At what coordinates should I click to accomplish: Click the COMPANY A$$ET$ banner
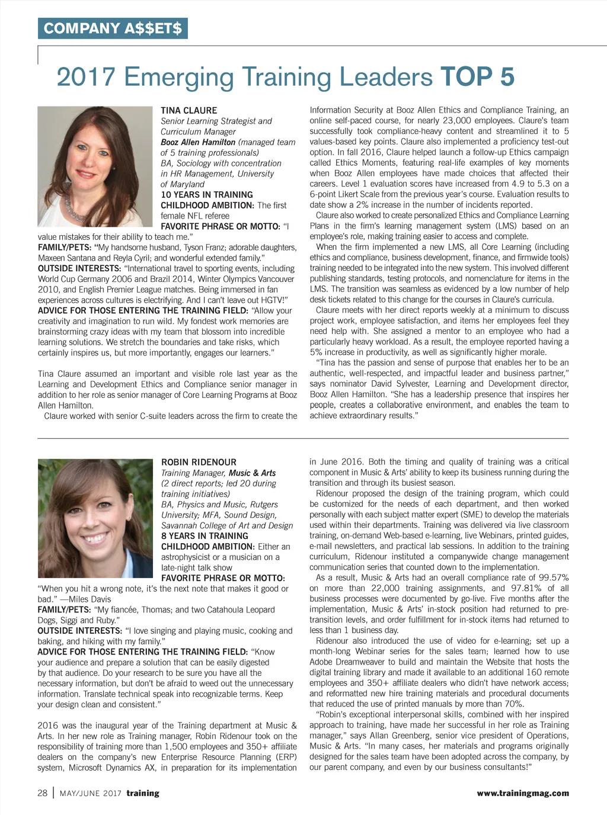[113, 28]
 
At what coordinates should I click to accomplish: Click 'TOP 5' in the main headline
[477, 78]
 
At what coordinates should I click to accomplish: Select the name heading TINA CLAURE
[189, 111]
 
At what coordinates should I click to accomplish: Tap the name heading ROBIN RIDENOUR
[199, 462]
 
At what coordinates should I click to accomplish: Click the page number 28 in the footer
[43, 793]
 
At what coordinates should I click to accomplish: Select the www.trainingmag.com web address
[522, 793]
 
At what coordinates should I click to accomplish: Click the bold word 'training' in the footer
[143, 793]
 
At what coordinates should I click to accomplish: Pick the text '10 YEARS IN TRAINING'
[207, 195]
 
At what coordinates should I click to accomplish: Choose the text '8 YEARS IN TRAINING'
[205, 536]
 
